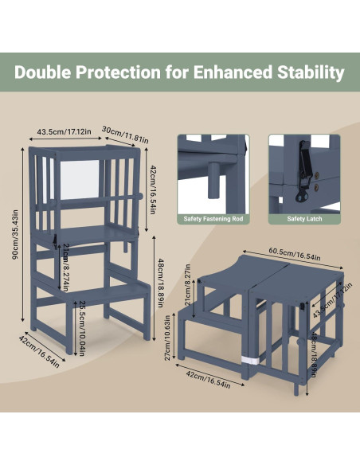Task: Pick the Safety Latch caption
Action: pyautogui.click(x=302, y=218)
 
